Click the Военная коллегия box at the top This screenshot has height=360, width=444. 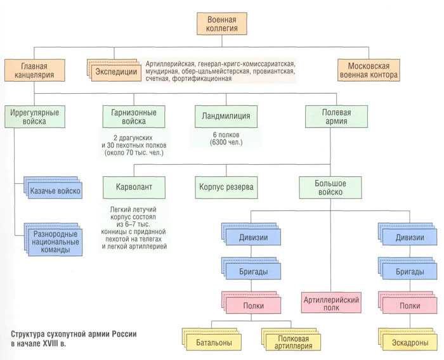pyautogui.click(x=222, y=24)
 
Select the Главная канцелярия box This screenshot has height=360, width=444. pyautogui.click(x=34, y=70)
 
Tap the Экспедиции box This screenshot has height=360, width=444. pyautogui.click(x=116, y=72)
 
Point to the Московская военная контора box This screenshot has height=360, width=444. pyautogui.click(x=369, y=70)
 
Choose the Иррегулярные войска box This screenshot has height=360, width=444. pyautogui.click(x=34, y=117)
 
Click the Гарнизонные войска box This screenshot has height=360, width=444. pyautogui.click(x=134, y=117)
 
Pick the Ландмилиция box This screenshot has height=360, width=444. pyautogui.click(x=226, y=117)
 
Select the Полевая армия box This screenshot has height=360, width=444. pyautogui.click(x=336, y=117)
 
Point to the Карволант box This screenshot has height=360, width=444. pyautogui.click(x=134, y=188)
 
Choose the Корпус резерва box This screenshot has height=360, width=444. pyautogui.click(x=226, y=188)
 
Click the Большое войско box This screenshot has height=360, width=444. pyautogui.click(x=330, y=188)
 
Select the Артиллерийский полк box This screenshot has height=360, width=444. pyautogui.click(x=331, y=303)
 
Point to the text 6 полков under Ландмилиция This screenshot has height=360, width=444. pyautogui.click(x=226, y=135)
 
